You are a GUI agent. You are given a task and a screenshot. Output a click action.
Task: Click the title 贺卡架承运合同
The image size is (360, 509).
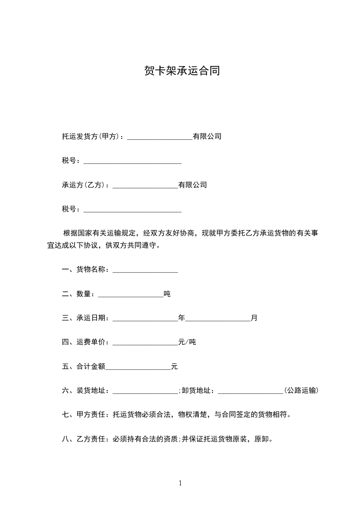182,71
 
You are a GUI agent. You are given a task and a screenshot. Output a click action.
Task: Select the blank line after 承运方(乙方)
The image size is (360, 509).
145,186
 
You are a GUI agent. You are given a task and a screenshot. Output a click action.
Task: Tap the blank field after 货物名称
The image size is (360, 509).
145,270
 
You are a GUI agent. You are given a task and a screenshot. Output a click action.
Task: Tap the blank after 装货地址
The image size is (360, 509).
145,391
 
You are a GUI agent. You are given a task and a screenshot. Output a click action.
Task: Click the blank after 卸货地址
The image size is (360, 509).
251,391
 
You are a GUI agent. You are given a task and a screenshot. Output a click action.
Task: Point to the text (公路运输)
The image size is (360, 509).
301,391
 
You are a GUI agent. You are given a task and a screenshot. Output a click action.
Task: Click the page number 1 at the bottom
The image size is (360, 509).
180,484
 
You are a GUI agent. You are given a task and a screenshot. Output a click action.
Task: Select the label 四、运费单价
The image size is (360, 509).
84,342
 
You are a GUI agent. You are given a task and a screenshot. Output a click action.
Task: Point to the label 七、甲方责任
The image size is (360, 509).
84,414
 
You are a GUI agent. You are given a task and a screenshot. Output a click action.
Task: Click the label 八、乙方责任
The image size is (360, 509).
84,439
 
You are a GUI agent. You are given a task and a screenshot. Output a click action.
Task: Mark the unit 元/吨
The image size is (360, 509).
187,342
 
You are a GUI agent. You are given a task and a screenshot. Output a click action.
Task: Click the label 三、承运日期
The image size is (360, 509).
84,318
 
